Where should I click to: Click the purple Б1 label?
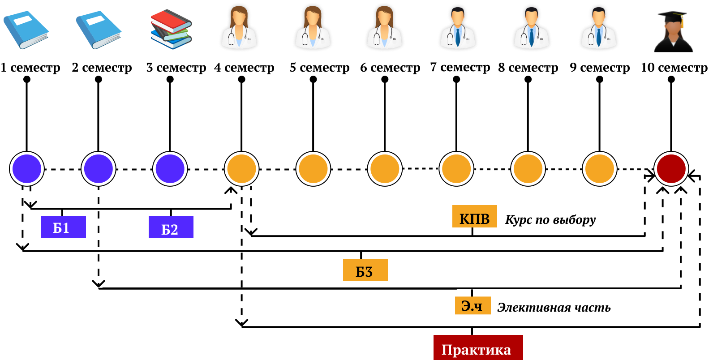(x=63, y=227)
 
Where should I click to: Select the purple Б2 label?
(x=171, y=227)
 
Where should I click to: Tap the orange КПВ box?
(x=474, y=216)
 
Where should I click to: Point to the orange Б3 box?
(x=365, y=270)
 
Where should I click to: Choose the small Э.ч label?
(x=472, y=305)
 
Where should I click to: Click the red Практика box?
(x=478, y=347)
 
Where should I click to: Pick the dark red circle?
(x=671, y=169)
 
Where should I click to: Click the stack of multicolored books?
(x=171, y=29)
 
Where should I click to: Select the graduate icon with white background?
(x=674, y=31)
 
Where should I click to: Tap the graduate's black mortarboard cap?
(x=672, y=17)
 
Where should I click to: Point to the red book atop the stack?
(x=170, y=20)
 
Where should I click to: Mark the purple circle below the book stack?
(x=170, y=169)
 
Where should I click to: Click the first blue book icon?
(x=26, y=30)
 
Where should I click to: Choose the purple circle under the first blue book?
(x=27, y=169)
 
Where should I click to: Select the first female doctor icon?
(x=239, y=28)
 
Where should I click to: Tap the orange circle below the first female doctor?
(x=241, y=169)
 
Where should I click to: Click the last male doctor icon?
(x=599, y=28)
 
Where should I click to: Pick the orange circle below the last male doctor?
(x=599, y=169)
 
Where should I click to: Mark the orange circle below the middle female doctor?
(x=313, y=169)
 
